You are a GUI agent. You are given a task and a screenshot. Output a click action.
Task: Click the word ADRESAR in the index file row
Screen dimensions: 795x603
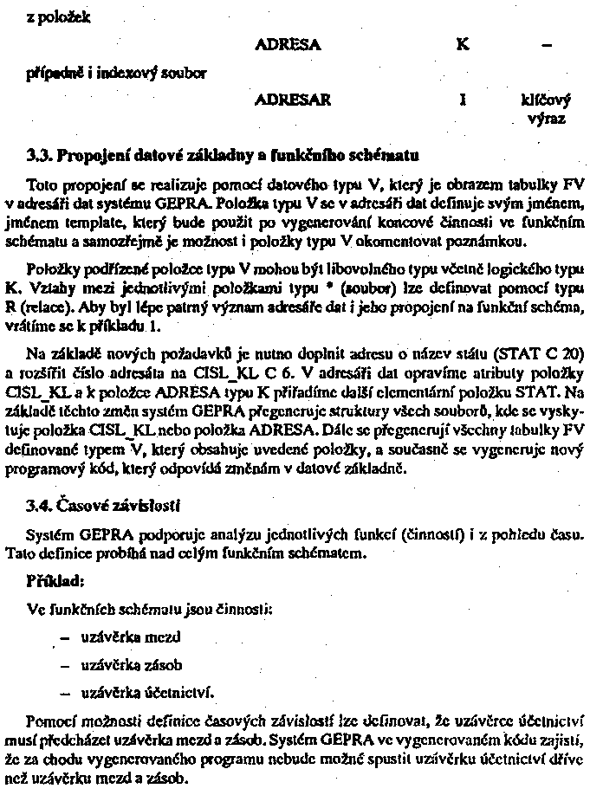point(293,100)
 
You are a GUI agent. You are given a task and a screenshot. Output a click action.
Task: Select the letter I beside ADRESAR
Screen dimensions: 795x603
point(464,100)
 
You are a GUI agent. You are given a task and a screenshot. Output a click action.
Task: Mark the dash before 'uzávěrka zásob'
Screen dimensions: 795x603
point(64,665)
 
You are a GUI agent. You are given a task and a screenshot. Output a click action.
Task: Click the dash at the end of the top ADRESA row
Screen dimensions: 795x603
point(545,43)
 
